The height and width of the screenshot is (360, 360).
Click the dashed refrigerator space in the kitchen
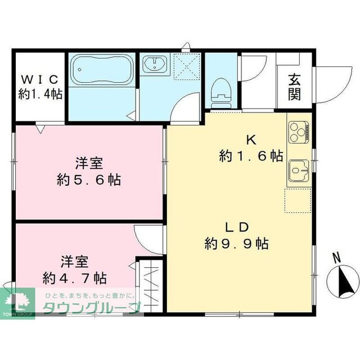(297, 200)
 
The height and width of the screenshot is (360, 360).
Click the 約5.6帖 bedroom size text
(89, 180)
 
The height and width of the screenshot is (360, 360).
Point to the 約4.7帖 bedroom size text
(75, 277)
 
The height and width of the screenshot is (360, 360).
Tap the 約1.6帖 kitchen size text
(250, 156)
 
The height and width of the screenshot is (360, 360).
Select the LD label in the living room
(237, 228)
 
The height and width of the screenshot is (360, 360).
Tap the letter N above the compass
(336, 258)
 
